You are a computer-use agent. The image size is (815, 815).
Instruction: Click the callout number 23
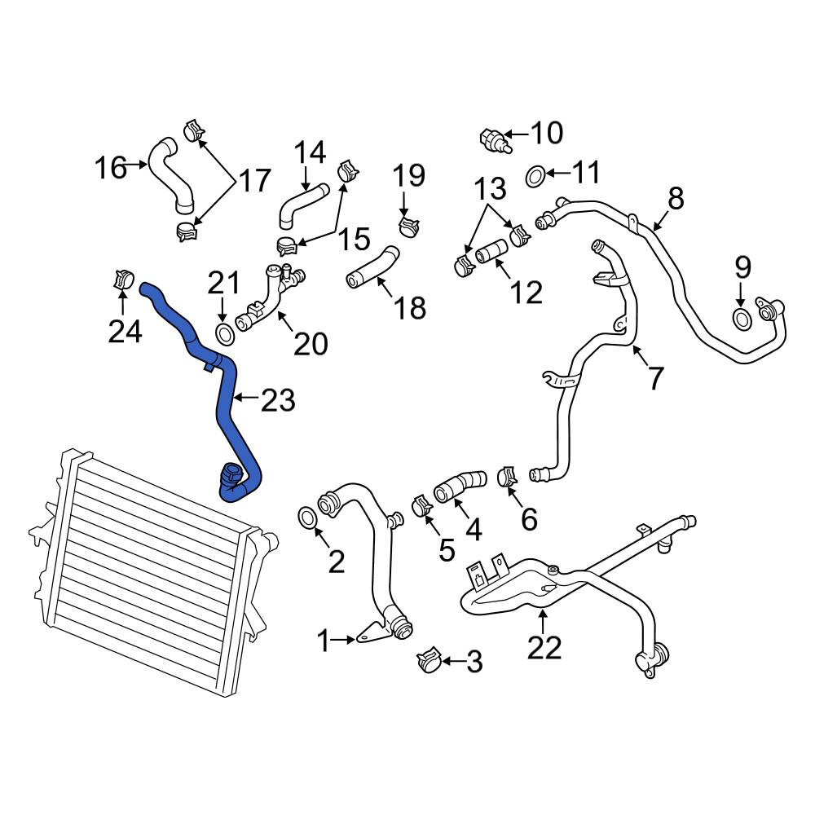pyautogui.click(x=278, y=400)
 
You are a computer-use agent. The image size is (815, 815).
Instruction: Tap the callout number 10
pyautogui.click(x=547, y=133)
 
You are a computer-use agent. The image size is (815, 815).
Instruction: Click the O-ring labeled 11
pyautogui.click(x=535, y=176)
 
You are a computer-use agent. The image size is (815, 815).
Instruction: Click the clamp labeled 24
pyautogui.click(x=123, y=280)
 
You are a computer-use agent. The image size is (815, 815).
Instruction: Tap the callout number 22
pyautogui.click(x=544, y=648)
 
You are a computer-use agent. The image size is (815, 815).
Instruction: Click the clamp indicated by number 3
pyautogui.click(x=430, y=660)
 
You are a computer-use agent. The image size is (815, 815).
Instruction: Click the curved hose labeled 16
pyautogui.click(x=171, y=176)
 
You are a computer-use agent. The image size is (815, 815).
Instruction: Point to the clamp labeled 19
pyautogui.click(x=408, y=227)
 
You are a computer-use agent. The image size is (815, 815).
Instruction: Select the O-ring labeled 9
pyautogui.click(x=741, y=318)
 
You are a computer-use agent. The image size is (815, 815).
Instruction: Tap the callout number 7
pyautogui.click(x=655, y=378)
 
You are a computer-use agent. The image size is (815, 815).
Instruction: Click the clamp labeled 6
pyautogui.click(x=507, y=477)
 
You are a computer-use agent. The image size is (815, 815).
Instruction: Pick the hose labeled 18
pyautogui.click(x=372, y=267)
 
